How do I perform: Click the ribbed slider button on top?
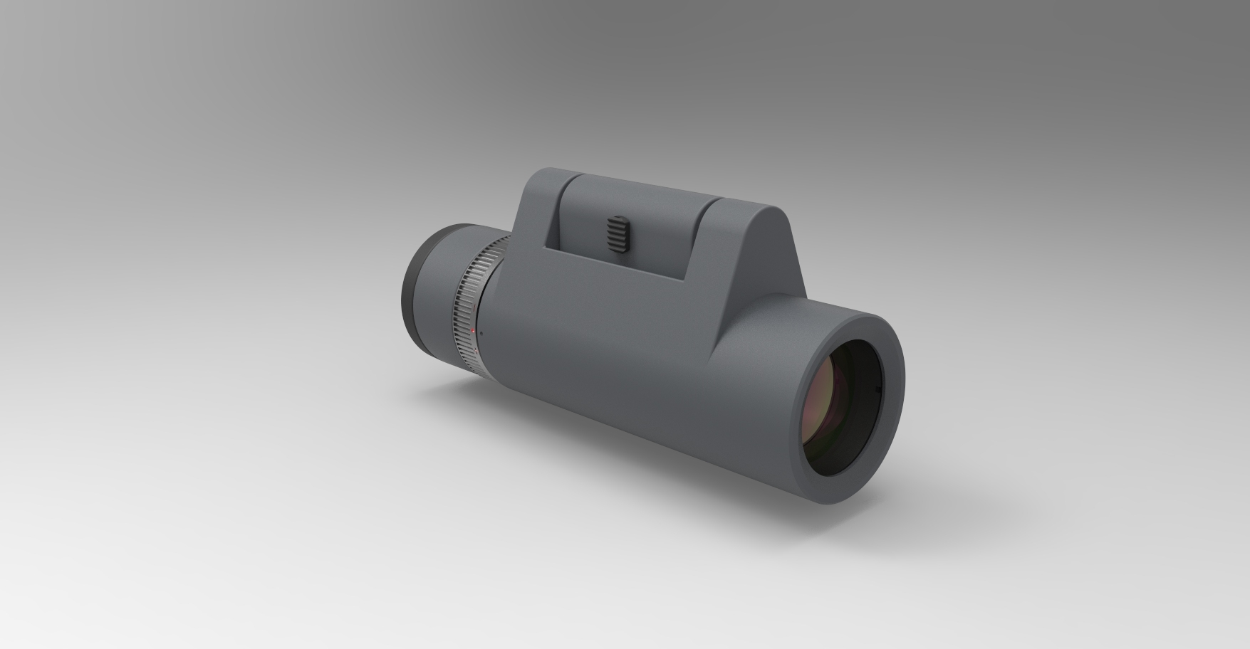617,233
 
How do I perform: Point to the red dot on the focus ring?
473,331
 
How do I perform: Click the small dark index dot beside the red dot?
481,333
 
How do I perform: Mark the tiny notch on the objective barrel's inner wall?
875,389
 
